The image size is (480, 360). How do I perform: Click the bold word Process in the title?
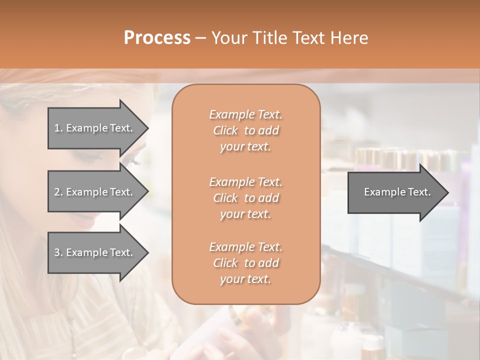coord(157,37)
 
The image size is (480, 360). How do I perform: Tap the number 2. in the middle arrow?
coord(58,192)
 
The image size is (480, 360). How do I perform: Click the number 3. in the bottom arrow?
coord(58,252)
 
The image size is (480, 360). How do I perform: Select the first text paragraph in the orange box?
coord(245,130)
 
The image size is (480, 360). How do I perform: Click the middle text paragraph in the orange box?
coord(245,197)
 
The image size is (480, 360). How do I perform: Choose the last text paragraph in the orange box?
coord(245,263)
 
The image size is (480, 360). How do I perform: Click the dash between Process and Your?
coord(200,38)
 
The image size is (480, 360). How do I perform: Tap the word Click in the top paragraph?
coord(225,130)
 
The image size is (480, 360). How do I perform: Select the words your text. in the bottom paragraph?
coord(245,279)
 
